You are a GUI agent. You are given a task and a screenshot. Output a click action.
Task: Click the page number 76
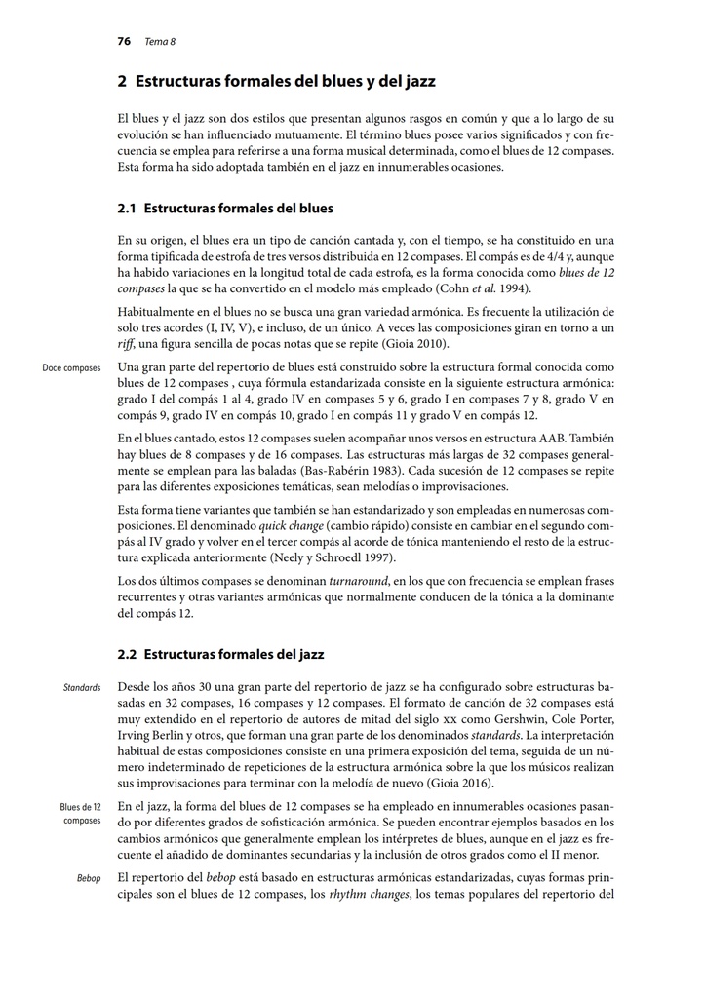(x=124, y=42)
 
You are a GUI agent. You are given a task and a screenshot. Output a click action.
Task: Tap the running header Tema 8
(x=160, y=42)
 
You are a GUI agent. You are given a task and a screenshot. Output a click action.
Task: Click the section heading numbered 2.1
(x=225, y=208)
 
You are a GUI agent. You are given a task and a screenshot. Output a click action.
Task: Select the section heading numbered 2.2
(x=220, y=654)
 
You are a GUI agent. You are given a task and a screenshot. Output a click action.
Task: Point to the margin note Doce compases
(x=72, y=368)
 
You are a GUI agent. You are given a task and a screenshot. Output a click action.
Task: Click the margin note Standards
(x=82, y=688)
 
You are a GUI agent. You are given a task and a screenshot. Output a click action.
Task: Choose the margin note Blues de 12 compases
(x=80, y=814)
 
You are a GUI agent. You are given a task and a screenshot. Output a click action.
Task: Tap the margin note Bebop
(x=89, y=879)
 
